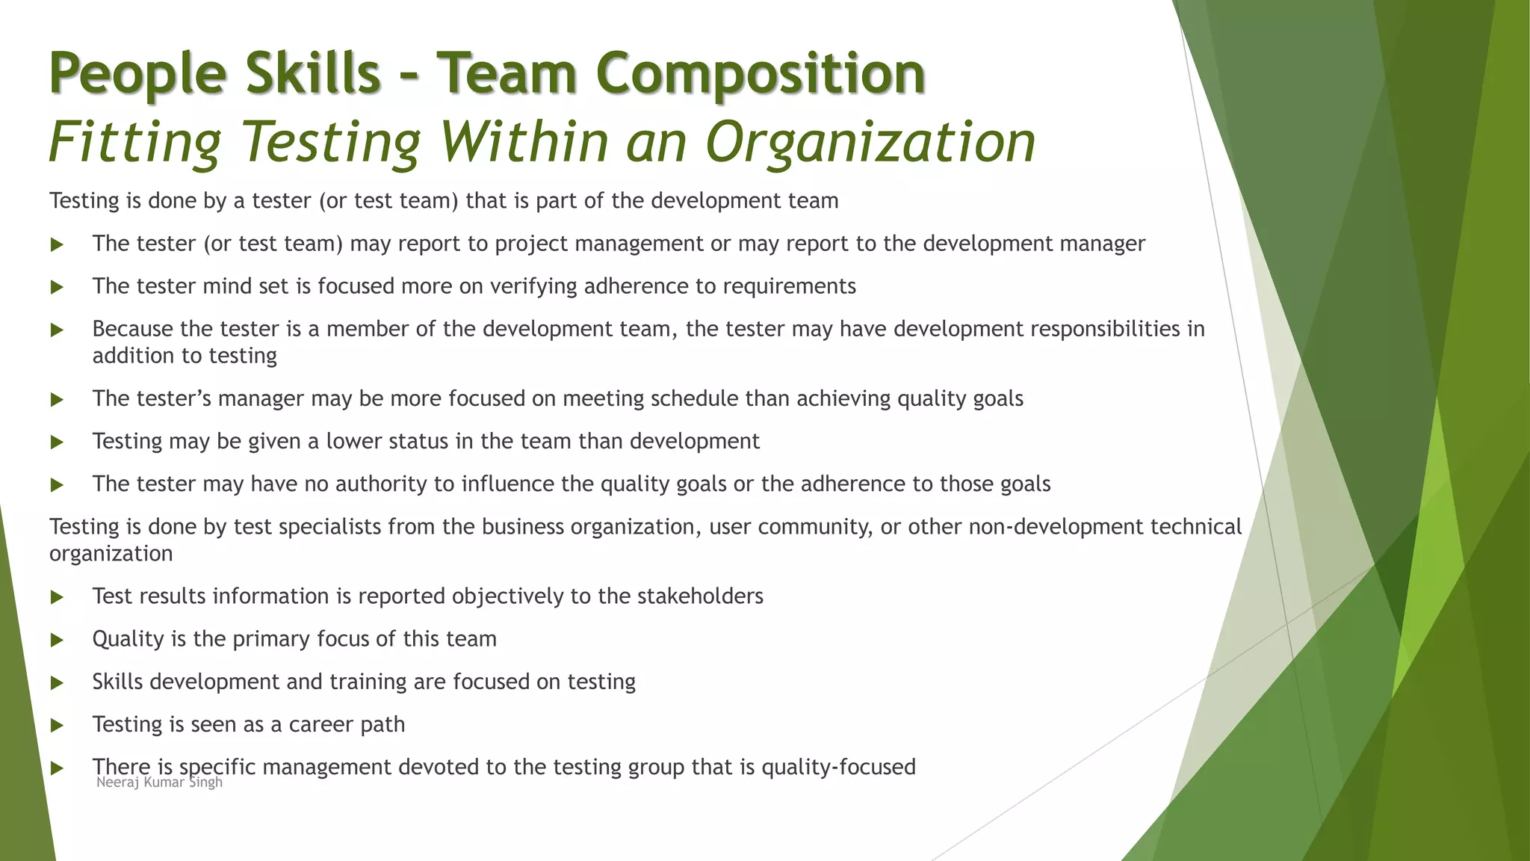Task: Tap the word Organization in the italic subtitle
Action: (870, 141)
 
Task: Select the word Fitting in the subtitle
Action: (135, 141)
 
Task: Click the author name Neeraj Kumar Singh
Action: (159, 783)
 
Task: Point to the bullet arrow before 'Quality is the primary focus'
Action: (57, 641)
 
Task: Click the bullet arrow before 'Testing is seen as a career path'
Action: (57, 726)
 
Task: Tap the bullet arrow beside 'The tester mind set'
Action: (57, 288)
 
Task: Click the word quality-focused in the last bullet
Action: (838, 768)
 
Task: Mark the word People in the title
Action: (137, 73)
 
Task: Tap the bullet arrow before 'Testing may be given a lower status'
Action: (57, 442)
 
